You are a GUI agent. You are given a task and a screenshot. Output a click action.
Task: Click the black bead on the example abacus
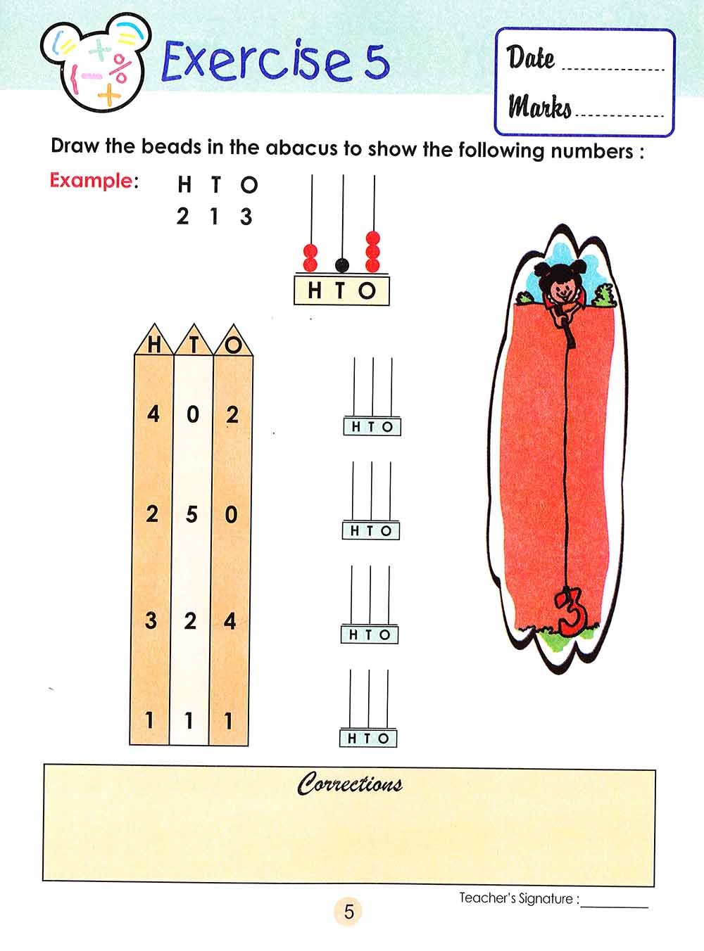(341, 265)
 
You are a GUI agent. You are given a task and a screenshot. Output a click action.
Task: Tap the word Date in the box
(531, 58)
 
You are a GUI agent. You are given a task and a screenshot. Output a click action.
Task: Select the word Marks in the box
(540, 106)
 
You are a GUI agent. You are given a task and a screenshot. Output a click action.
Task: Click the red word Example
(91, 181)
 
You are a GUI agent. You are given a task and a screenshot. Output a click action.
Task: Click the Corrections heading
(350, 784)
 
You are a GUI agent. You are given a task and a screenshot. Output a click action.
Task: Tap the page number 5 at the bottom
(348, 912)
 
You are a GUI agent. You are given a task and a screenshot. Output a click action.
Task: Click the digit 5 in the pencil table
(191, 513)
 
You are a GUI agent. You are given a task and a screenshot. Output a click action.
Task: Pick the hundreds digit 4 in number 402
(153, 414)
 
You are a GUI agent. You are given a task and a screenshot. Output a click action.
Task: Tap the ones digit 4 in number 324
(230, 621)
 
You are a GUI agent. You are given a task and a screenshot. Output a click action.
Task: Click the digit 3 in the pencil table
(151, 620)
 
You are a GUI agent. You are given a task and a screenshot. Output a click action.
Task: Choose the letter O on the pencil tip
(232, 345)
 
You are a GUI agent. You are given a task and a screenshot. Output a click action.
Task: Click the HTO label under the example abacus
(341, 291)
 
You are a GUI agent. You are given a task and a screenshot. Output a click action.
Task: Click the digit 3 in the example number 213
(246, 216)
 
